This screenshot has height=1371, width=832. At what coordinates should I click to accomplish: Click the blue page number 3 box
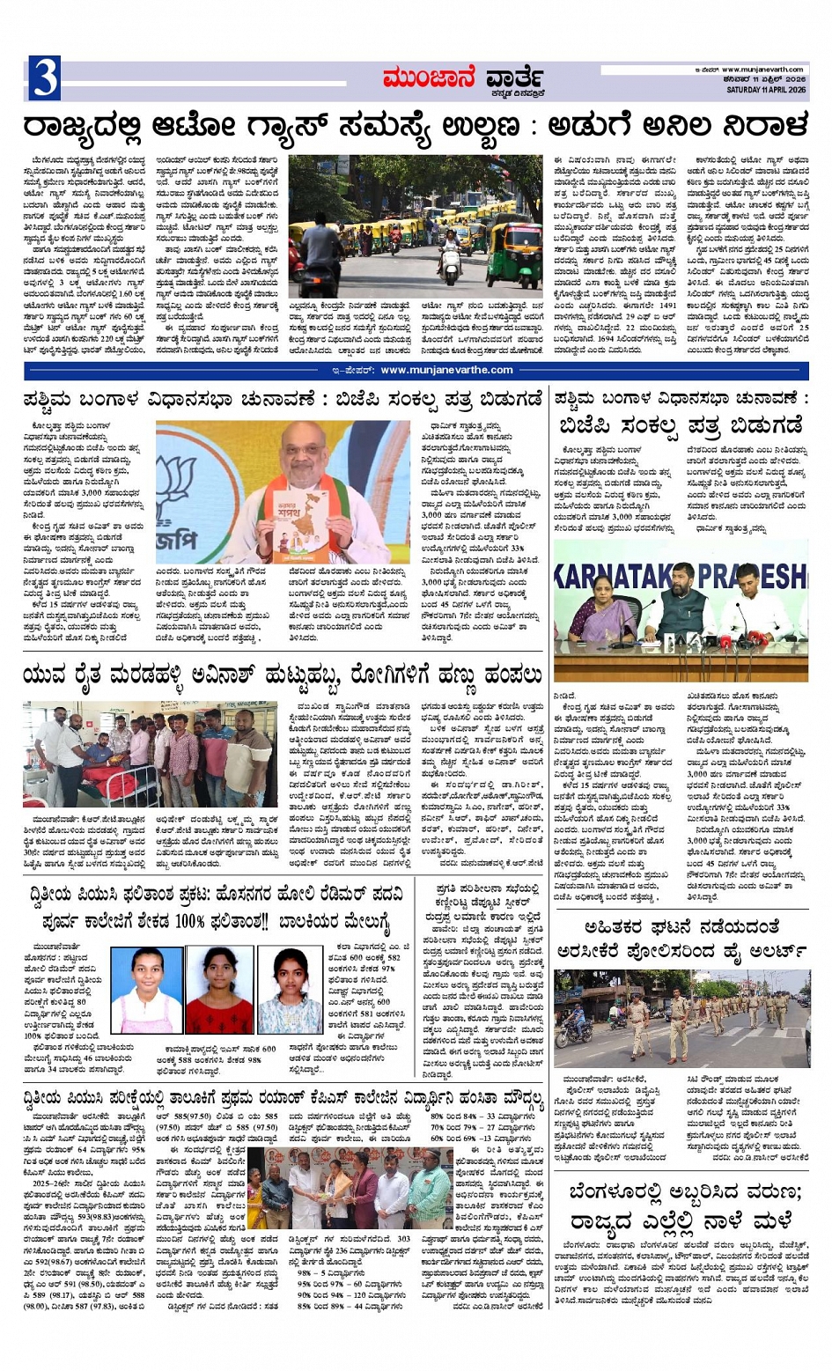click(44, 77)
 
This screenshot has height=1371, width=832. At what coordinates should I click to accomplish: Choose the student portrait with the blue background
click(148, 990)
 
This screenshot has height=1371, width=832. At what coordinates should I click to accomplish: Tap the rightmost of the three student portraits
click(290, 990)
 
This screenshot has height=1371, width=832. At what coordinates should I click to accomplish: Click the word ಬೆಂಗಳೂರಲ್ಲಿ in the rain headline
click(630, 1193)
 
